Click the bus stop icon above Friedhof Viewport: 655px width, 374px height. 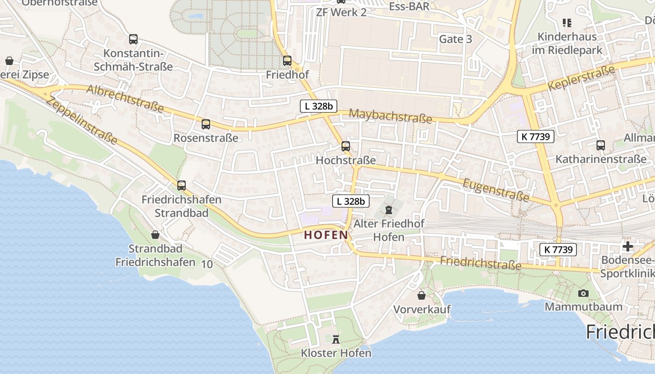click(x=287, y=61)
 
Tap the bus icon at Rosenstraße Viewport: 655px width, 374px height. click(x=206, y=124)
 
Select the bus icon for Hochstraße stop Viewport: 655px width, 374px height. click(x=346, y=146)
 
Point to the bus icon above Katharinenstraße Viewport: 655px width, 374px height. click(x=601, y=145)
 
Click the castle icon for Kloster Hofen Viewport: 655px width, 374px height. click(x=336, y=339)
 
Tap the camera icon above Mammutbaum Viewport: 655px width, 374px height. click(x=583, y=293)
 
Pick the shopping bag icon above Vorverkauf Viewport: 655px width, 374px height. click(x=422, y=295)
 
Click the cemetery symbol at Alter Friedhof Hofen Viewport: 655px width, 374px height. click(x=389, y=209)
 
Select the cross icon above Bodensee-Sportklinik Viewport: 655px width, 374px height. click(x=628, y=246)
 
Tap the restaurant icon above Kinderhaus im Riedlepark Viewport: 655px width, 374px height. click(x=567, y=22)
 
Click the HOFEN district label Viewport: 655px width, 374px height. click(x=326, y=235)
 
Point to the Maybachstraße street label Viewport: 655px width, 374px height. click(x=390, y=116)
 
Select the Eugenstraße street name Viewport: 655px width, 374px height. click(x=496, y=189)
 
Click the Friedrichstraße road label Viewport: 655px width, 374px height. click(x=480, y=263)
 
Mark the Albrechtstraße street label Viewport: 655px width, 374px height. click(x=125, y=99)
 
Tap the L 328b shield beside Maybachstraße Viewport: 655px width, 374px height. click(x=318, y=106)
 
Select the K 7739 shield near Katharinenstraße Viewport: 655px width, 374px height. click(x=536, y=137)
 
